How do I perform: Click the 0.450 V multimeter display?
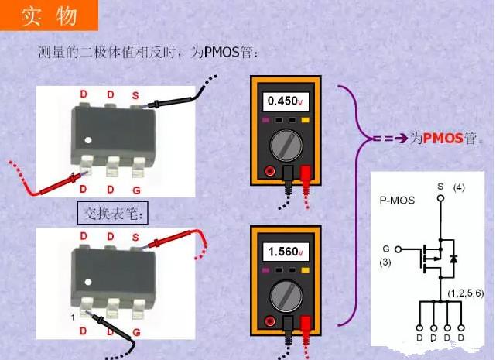point(284,101)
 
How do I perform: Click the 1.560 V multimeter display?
point(284,252)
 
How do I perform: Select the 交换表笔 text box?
point(113,212)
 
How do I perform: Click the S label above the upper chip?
point(135,95)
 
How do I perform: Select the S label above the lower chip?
point(135,236)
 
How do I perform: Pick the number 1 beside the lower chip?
point(70,317)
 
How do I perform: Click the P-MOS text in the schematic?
point(397,200)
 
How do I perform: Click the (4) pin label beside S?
point(459,187)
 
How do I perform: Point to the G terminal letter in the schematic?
point(386,249)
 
